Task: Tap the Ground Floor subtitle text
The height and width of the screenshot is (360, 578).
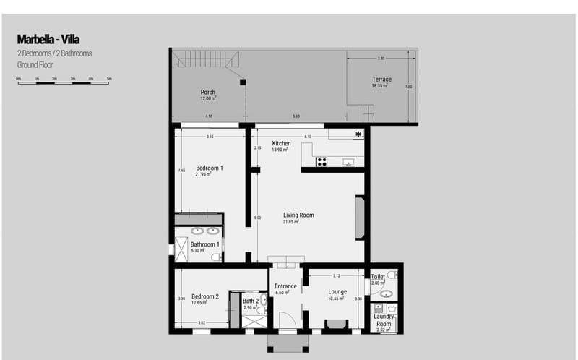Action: click(36, 64)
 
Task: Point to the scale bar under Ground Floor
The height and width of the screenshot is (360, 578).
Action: click(64, 82)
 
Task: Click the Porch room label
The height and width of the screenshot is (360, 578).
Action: click(208, 93)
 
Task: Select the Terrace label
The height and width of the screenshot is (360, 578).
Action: click(381, 80)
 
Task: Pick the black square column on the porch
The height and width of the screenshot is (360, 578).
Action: click(243, 82)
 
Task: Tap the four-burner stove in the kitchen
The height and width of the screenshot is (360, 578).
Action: click(322, 162)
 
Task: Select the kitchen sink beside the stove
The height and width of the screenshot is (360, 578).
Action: click(348, 162)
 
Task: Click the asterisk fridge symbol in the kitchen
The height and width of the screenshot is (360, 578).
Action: click(358, 134)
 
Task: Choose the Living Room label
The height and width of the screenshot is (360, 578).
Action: click(298, 215)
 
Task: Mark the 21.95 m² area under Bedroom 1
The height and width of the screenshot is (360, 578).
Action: click(210, 174)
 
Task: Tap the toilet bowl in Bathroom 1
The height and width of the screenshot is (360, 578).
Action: click(215, 257)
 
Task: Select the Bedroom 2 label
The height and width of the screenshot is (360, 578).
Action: click(205, 296)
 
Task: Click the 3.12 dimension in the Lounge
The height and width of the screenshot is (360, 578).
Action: click(336, 275)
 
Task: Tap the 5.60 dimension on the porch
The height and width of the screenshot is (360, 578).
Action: click(296, 116)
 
